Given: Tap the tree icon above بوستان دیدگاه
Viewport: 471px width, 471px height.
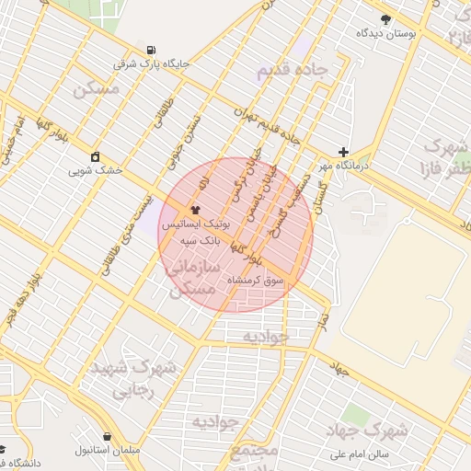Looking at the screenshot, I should coord(385,18).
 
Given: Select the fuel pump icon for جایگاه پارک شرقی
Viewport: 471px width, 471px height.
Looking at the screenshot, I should coord(151,50).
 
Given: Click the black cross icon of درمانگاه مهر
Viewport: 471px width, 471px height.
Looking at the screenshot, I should coord(344,152).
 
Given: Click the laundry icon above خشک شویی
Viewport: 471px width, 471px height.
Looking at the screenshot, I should coord(95,155).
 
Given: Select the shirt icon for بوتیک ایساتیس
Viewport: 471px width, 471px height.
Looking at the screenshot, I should coord(194,209).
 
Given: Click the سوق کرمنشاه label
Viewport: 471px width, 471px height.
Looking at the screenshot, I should coord(261,279).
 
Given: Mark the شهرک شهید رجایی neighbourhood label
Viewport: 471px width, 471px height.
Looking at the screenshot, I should coord(133,378).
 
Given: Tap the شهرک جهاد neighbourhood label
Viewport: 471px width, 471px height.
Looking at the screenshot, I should coord(367,430).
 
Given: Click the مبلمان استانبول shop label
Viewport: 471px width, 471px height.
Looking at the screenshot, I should coord(107,451).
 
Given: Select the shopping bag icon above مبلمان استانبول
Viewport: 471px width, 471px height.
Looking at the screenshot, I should coord(108,436).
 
